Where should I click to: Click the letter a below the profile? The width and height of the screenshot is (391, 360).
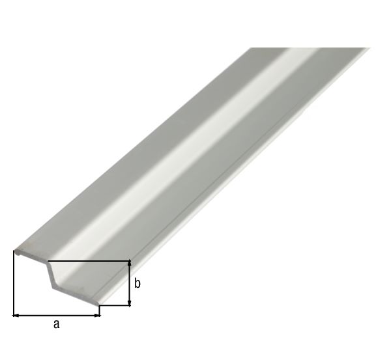click(x=56, y=324)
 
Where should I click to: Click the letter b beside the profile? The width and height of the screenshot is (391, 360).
click(x=138, y=283)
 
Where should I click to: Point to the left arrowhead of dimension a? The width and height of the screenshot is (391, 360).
click(x=16, y=315)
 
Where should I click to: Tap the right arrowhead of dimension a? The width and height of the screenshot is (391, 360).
click(x=97, y=315)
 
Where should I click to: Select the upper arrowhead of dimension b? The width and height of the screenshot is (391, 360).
click(x=130, y=264)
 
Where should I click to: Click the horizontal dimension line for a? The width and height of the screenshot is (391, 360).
click(x=57, y=315)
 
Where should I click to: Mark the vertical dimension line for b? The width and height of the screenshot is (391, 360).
click(x=130, y=284)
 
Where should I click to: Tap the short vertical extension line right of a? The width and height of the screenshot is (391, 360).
click(x=100, y=311)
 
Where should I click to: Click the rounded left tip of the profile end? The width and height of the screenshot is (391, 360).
click(x=15, y=249)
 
